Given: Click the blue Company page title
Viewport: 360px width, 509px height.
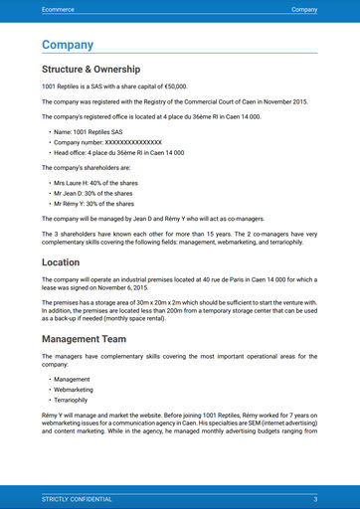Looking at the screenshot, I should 68,45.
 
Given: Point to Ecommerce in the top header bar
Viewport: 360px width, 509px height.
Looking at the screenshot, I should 61,8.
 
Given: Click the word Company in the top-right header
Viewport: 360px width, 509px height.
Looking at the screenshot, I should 303,8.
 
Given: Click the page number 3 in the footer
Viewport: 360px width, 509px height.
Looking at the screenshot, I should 314,498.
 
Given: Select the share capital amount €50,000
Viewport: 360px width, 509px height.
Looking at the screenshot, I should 171,87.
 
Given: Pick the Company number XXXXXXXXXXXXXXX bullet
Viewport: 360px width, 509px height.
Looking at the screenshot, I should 106,142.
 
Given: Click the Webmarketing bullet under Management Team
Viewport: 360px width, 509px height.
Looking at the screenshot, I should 76,390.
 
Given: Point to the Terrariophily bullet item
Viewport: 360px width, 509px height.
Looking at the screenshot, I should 74,401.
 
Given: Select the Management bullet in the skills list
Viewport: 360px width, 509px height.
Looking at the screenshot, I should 72,379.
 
